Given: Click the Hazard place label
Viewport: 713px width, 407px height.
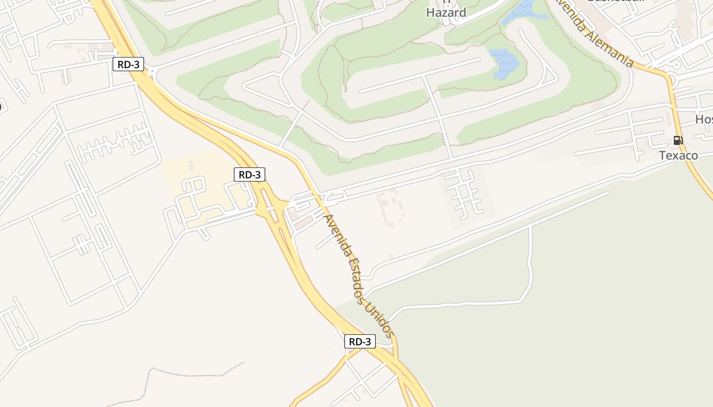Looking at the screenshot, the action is (446, 13).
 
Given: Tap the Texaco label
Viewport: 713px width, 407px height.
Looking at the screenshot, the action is (678, 155).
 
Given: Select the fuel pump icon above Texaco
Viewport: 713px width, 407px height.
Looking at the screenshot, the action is (678, 140).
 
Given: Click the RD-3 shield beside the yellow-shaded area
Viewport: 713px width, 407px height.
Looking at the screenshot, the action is (250, 175).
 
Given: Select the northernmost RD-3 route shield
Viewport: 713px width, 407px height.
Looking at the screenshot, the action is (128, 65).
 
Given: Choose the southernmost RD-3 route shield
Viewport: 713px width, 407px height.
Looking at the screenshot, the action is (360, 341).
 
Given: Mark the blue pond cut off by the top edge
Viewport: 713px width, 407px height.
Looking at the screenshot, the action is (522, 12).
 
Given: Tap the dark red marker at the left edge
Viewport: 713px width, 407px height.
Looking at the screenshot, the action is (1, 107).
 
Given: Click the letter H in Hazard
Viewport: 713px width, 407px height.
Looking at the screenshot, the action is (430, 13).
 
